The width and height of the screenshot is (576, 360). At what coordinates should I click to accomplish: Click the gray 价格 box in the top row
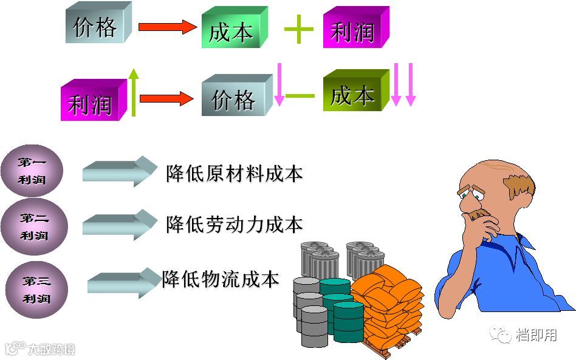click(97, 24)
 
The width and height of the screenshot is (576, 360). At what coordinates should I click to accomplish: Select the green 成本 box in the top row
click(233, 29)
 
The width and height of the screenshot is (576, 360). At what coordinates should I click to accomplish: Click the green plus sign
click(299, 29)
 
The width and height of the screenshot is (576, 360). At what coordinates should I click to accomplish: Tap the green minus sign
click(300, 95)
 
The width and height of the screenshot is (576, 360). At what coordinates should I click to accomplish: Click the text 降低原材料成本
click(235, 174)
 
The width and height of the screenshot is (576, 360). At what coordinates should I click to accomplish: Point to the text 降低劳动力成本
click(235, 225)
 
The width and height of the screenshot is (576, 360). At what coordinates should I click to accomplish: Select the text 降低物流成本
click(221, 279)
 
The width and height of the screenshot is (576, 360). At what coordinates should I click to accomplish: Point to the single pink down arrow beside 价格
click(279, 84)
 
